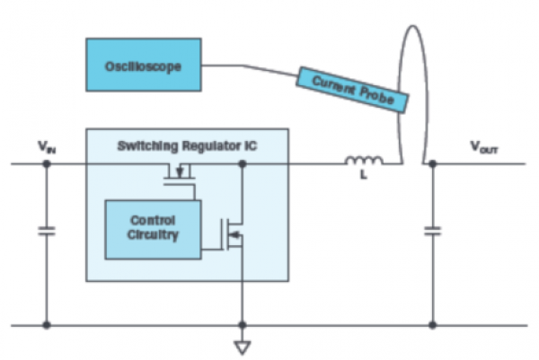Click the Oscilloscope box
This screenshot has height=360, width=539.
144,65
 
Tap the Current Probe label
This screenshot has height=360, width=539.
353,91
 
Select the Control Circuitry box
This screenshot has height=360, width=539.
153,228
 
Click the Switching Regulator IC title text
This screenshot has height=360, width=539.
187,144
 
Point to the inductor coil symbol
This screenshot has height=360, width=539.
364,162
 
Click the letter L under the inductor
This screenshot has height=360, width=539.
365,180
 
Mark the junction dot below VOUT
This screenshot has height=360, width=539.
432,164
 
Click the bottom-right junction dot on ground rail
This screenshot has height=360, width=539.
432,325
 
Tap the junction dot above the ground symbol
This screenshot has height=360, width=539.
241,325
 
